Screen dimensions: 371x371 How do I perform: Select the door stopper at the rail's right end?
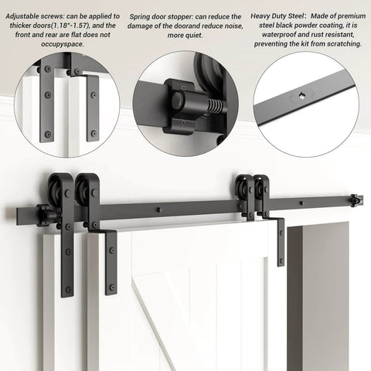[x=354, y=202]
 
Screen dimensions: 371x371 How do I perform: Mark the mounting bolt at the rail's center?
[x=158, y=209]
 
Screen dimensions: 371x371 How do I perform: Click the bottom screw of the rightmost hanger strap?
[x=281, y=259]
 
